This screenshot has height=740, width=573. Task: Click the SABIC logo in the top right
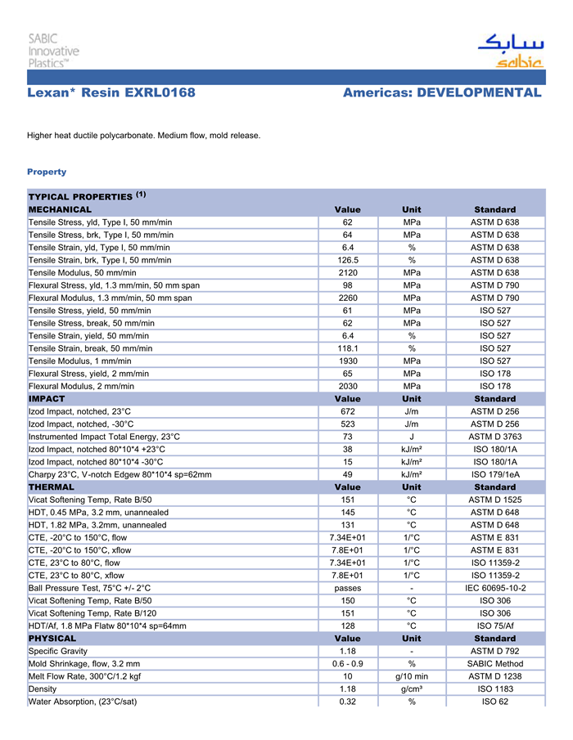pos(510,51)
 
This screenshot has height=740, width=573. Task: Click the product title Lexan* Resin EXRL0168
pos(111,93)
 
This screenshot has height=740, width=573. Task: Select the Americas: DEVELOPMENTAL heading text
pos(442,93)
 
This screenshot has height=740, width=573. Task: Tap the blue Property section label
pos(47,172)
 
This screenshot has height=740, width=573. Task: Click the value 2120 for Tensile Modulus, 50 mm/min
pos(347,272)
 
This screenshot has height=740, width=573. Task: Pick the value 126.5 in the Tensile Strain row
pos(347,260)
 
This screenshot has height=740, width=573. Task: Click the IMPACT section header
pos(47,399)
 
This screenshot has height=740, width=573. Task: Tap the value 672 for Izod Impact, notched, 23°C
pos(347,411)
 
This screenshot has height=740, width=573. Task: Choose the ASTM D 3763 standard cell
pos(494,437)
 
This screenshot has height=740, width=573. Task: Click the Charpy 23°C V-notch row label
pos(120,474)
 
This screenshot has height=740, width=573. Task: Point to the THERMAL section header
pos(52,487)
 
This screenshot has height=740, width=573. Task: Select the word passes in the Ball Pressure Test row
pos(347,588)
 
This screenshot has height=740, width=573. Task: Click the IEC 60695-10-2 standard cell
pos(494,588)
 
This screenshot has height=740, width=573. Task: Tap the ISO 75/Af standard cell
pos(494,626)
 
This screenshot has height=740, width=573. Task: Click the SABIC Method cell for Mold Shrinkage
pos(494,664)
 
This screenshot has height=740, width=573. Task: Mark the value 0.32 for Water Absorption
pos(347,702)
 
